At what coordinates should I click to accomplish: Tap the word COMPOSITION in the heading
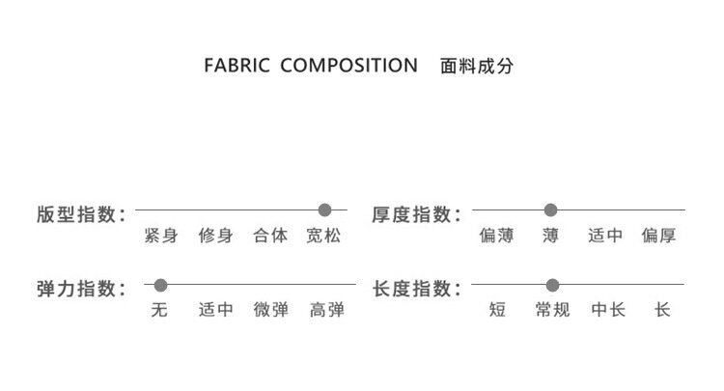click(348, 67)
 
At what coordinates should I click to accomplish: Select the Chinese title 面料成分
click(476, 67)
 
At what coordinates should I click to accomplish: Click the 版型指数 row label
click(81, 213)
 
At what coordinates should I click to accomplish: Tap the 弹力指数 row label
click(81, 289)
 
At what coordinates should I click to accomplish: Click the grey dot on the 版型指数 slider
click(325, 209)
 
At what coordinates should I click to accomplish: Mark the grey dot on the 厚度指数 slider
click(551, 209)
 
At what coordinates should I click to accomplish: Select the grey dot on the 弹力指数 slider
click(161, 285)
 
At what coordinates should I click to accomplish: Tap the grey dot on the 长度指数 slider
click(552, 285)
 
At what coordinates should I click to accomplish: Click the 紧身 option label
click(160, 236)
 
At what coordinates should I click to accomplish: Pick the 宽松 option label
click(323, 236)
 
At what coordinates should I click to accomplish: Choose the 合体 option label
click(270, 236)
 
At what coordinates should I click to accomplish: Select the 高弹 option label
click(326, 310)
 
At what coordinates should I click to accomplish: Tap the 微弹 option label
click(271, 310)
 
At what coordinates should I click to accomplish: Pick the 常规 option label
click(552, 310)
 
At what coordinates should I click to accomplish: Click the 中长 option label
click(608, 310)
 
